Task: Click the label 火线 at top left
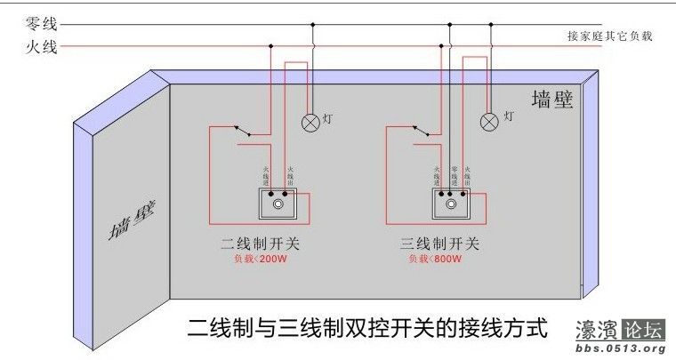click(x=43, y=46)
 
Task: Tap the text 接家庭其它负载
click(x=609, y=36)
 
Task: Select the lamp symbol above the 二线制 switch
click(x=310, y=122)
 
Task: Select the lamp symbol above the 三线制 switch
click(x=488, y=122)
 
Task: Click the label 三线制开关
click(x=442, y=243)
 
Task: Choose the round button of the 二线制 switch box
click(x=279, y=205)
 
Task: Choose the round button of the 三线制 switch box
click(x=456, y=205)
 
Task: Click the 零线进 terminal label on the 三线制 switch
click(x=454, y=176)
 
